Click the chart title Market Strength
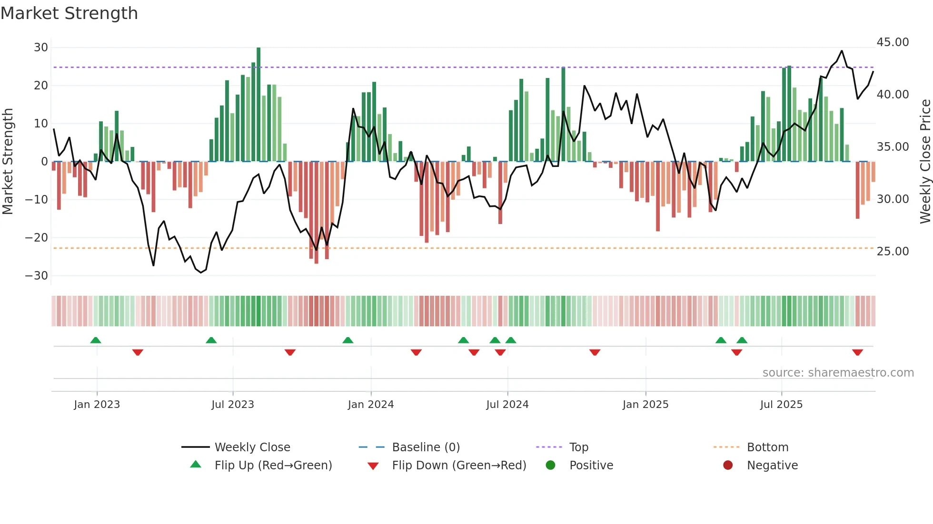coord(69,13)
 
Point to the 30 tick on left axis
coord(41,48)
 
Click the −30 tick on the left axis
coord(37,276)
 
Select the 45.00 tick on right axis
coord(893,42)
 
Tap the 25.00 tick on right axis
coord(893,252)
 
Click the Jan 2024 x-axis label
coord(371,405)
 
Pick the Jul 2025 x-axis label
coord(781,405)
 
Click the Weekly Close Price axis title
coord(925,162)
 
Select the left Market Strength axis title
coord(8,162)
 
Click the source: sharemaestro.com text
coord(838,373)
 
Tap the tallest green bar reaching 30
coord(258,105)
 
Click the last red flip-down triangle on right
coord(857,352)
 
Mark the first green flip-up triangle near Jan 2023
coord(96,340)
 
